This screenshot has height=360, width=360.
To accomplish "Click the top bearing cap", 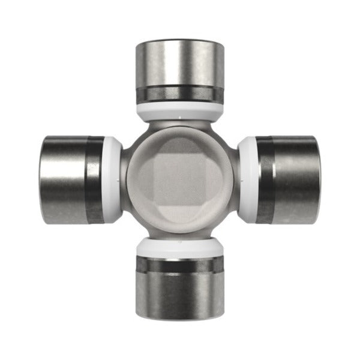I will [x=180, y=66].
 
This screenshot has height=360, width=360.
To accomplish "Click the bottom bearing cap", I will [x=180, y=294].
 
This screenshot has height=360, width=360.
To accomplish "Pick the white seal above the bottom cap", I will [x=180, y=247].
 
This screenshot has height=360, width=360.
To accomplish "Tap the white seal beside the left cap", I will [x=113, y=179].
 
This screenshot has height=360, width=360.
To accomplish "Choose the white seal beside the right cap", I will [x=247, y=179].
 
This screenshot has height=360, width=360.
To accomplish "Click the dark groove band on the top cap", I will [x=180, y=94].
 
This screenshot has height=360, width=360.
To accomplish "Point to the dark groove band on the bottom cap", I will [x=180, y=264].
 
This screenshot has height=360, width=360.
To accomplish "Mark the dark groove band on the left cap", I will [x=94, y=179].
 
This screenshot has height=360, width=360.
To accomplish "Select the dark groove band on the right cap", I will [x=265, y=179].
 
